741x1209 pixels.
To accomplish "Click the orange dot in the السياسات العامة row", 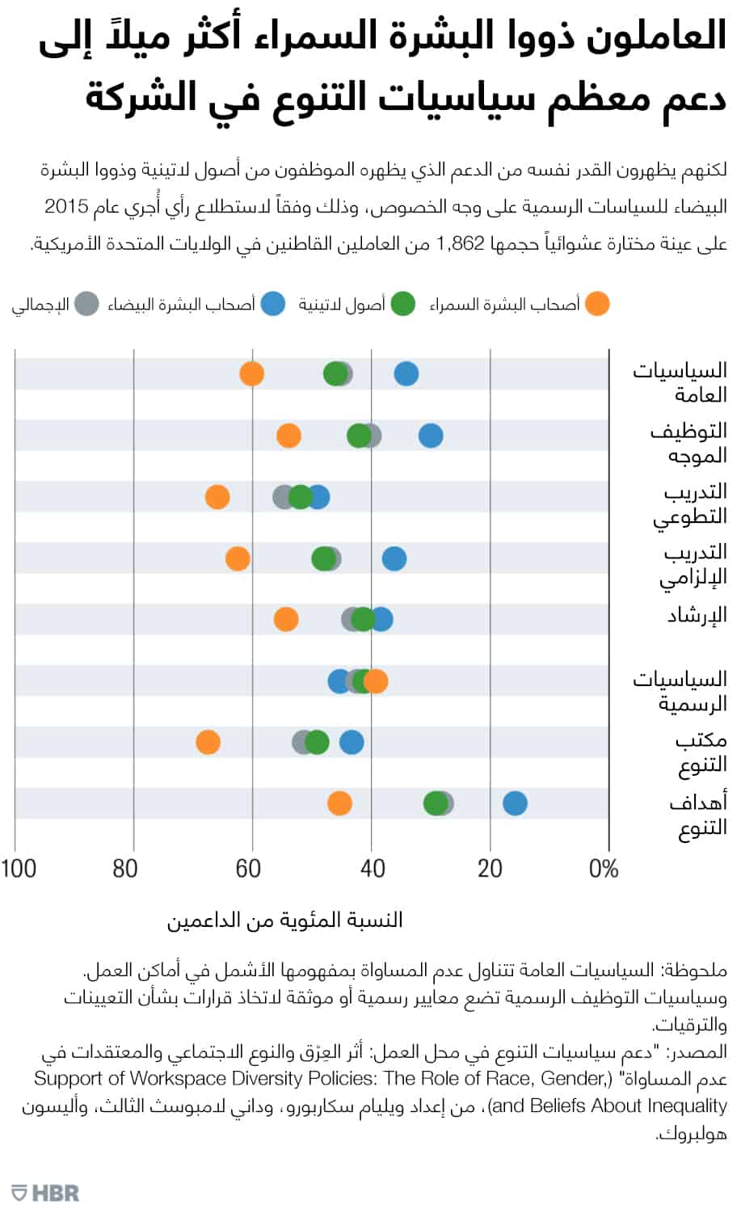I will (x=252, y=374).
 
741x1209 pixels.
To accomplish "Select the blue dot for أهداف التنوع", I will (x=515, y=803).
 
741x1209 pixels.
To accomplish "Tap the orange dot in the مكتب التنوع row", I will (x=208, y=742).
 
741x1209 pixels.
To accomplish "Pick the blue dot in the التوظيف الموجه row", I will (x=431, y=436).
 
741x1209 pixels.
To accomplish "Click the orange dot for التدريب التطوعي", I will (x=217, y=497).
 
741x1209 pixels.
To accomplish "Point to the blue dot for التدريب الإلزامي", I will (x=394, y=558).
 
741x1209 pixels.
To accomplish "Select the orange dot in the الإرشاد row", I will (x=286, y=620).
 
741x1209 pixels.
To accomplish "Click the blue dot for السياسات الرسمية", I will (x=340, y=681).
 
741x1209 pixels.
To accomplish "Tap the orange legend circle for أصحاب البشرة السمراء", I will (x=597, y=305).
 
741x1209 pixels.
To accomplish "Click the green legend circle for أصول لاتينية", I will (x=402, y=305).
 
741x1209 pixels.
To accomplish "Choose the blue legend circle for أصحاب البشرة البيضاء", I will (x=273, y=305).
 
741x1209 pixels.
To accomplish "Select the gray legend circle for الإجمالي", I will (x=86, y=305).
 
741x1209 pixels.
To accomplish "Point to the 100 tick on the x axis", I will (x=19, y=869).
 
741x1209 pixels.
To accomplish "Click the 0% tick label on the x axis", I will (x=603, y=869).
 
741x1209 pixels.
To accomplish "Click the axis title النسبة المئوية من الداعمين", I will (x=284, y=920).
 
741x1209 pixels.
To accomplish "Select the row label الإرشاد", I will (x=697, y=616).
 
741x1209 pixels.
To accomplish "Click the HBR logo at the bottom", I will (x=46, y=1191).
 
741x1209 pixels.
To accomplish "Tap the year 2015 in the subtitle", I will (x=66, y=207).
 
